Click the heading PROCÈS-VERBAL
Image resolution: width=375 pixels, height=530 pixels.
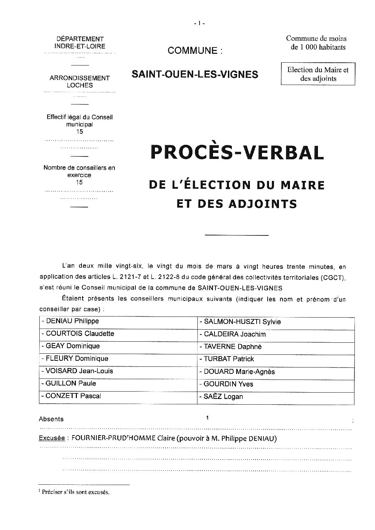[x=237, y=153]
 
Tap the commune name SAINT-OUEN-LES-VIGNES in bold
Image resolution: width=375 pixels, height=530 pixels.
[x=195, y=74]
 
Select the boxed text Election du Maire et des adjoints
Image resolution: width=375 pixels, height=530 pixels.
[x=318, y=74]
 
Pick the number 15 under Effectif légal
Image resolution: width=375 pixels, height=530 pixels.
[x=80, y=132]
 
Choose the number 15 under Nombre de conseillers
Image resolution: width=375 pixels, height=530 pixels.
[x=79, y=182]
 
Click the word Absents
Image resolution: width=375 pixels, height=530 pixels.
[x=51, y=419]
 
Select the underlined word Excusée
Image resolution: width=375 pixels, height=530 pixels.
[x=52, y=438]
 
